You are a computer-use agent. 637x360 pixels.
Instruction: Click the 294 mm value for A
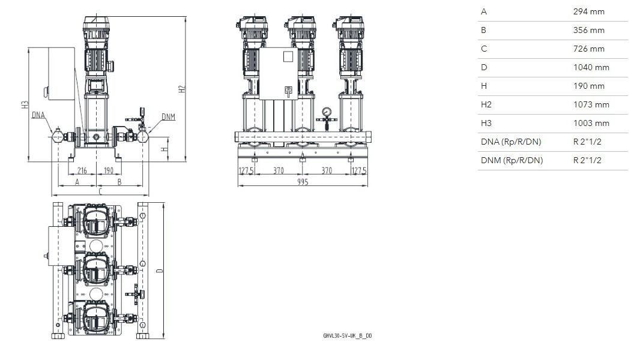tap(588, 12)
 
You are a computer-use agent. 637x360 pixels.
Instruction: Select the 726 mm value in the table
tap(588, 49)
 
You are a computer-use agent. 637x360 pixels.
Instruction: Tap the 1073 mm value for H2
tap(591, 105)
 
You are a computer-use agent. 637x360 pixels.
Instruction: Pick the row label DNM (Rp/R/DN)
tap(512, 160)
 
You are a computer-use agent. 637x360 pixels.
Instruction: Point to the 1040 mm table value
tap(591, 67)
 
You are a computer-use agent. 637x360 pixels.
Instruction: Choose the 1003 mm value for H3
tap(591, 124)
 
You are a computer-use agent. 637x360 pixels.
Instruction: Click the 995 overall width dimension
tap(303, 182)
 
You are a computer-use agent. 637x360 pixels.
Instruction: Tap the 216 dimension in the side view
tap(82, 170)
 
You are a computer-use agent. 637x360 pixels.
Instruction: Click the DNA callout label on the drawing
tap(38, 115)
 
